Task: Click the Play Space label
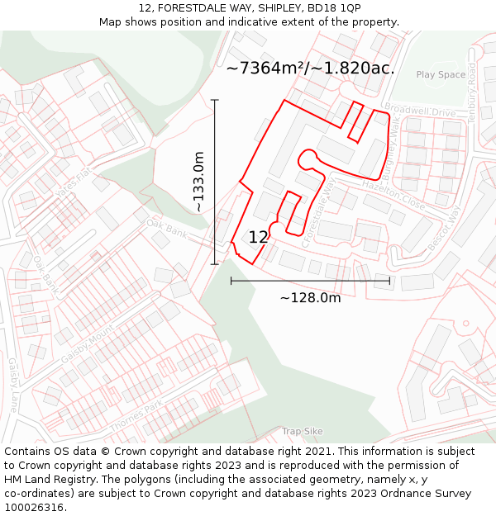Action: click(441, 75)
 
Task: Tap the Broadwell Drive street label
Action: click(420, 111)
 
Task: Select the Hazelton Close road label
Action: click(393, 195)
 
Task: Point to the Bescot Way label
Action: click(443, 228)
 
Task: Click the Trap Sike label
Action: click(302, 431)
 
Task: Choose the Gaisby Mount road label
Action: click(87, 346)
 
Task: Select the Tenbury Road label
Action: click(472, 92)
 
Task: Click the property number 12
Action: click(258, 237)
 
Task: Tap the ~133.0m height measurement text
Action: click(199, 182)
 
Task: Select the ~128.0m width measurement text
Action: click(310, 297)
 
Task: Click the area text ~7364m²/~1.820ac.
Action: click(310, 69)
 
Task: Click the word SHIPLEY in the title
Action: click(263, 7)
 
